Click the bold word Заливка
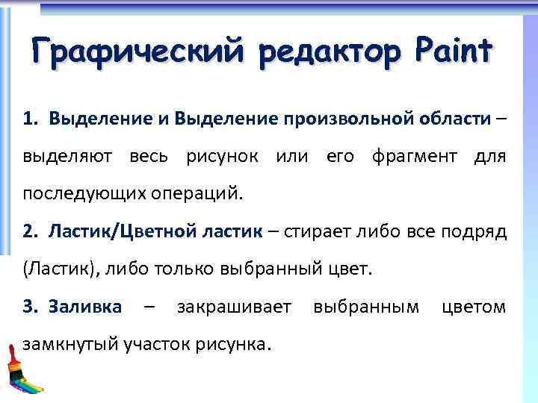84,307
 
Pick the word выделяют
68,157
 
